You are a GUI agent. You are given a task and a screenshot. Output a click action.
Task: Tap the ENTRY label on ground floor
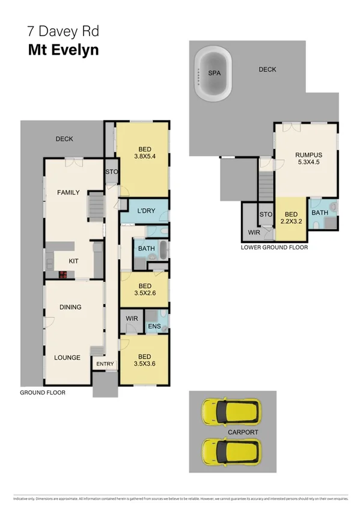point(105,364)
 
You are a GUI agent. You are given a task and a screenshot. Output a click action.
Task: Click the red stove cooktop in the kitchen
point(62,274)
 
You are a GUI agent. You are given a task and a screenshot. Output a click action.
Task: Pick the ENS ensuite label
point(153,327)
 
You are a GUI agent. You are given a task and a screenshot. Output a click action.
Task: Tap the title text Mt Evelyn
point(63,50)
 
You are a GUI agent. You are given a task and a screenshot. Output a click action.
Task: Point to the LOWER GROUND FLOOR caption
point(274,247)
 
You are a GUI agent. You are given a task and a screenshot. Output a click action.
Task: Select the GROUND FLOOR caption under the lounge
point(43,392)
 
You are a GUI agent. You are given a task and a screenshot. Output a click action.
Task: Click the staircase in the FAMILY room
point(96,206)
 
